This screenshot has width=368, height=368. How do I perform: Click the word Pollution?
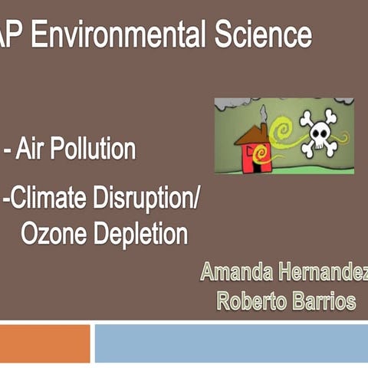[x=98, y=149]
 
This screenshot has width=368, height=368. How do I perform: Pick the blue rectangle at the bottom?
[x=230, y=343]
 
